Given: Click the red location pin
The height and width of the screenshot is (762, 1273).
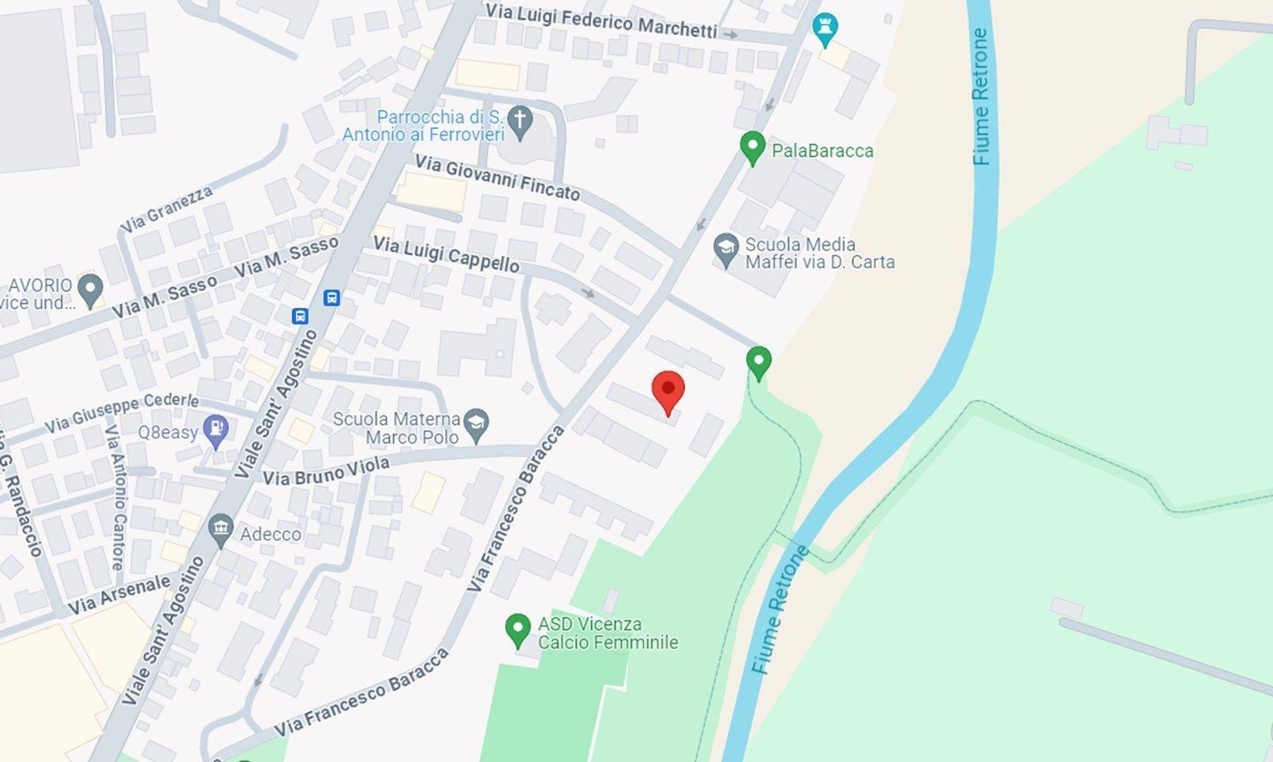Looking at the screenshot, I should coord(668,391).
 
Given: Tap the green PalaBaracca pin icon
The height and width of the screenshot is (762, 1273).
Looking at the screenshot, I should coord(752,147).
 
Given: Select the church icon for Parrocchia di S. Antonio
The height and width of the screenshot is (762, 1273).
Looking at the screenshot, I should coord(520,122).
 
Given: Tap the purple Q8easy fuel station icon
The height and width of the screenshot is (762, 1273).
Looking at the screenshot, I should coord(216,431).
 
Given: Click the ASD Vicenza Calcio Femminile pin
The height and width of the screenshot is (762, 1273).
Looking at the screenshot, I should coord(518,630).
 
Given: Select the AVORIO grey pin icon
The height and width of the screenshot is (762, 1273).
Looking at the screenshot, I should coord(90,290).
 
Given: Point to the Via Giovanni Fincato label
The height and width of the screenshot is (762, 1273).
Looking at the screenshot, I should coord(497,177).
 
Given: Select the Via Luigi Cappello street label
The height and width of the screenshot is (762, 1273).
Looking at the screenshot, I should coord(446,255).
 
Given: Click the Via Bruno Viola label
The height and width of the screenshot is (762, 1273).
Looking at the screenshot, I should coord(326,471).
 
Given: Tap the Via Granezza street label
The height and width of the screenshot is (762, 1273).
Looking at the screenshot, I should coord(167,209).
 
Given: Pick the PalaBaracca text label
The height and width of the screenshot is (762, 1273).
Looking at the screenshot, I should coord(822,150).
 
